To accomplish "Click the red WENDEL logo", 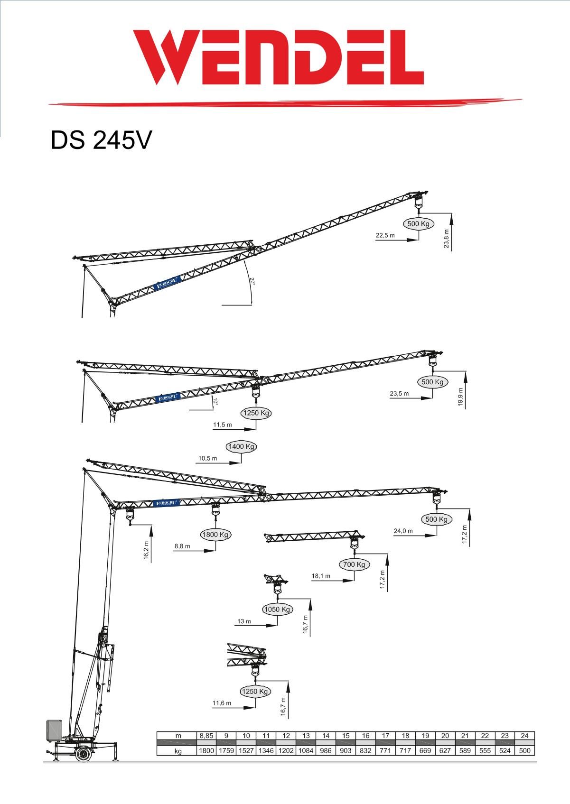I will tap(278, 57).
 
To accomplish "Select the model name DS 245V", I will tap(101, 140).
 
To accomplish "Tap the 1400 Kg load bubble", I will tap(242, 446).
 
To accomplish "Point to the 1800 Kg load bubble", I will tap(216, 535).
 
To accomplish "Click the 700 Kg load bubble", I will tap(354, 564).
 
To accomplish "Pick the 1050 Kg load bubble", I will tap(277, 609).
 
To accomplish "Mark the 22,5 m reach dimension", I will tap(385, 235).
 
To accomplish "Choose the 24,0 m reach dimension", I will tap(403, 531).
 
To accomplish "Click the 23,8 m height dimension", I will tap(446, 239).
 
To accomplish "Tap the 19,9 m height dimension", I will tap(460, 397).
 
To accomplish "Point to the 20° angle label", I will tap(253, 281).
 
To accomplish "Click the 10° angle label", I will tap(215, 402).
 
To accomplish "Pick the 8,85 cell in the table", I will tap(206, 736).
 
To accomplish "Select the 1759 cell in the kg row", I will tap(226, 751).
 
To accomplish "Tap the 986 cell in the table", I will tap(326, 751).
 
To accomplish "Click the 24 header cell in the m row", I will tap(524, 736).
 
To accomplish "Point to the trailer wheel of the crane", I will tap(84, 754).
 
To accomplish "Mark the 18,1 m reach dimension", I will tap(321, 576).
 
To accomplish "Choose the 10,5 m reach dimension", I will tap(207, 458).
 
